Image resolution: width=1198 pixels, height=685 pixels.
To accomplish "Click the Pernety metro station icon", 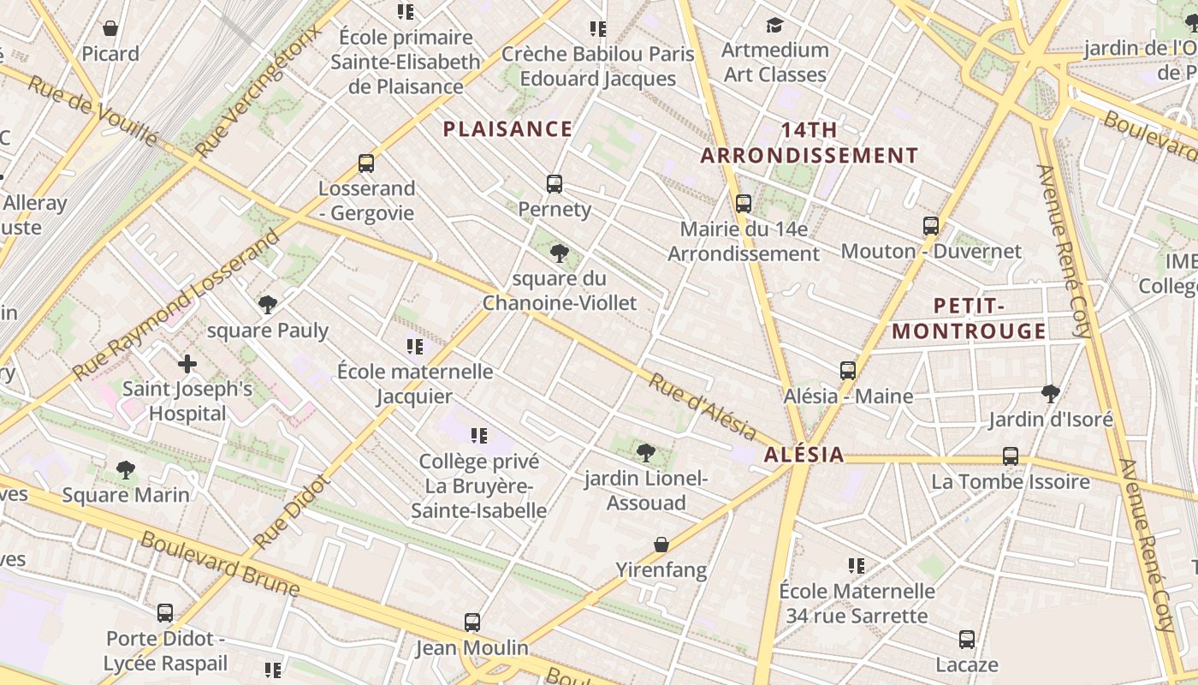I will click(555, 183).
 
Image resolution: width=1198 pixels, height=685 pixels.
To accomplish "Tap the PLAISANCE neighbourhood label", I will click(507, 129).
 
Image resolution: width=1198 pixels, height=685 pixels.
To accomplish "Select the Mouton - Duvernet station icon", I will click(931, 226).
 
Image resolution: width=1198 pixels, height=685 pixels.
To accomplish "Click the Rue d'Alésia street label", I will click(702, 408).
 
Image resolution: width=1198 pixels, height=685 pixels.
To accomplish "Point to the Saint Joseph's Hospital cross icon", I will click(187, 364).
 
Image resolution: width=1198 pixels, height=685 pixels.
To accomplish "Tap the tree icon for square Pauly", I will click(268, 304).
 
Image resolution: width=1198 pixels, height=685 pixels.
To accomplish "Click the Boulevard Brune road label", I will click(220, 564).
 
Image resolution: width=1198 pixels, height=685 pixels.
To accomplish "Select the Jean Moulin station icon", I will click(472, 622).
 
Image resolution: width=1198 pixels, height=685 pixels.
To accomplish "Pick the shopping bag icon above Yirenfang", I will click(661, 545).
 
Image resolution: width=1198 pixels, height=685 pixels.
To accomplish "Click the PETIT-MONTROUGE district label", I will click(969, 319).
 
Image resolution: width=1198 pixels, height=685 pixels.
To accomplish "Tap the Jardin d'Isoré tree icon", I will click(1051, 394).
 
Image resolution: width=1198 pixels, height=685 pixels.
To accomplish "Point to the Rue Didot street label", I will click(292, 512).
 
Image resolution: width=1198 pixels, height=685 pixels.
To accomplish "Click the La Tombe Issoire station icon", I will click(1011, 456).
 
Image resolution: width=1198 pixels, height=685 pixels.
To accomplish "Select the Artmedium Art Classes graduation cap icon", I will click(775, 25).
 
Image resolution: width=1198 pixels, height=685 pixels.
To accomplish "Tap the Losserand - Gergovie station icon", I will click(366, 163).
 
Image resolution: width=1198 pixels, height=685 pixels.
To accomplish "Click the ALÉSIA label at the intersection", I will click(804, 455).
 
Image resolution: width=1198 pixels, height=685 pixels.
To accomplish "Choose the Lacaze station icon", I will click(967, 640).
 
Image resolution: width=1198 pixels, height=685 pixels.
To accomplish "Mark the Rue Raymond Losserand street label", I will click(175, 304).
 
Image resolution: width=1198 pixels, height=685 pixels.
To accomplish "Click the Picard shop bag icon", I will click(110, 29).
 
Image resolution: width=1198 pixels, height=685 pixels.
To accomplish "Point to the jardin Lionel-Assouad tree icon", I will click(646, 452).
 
